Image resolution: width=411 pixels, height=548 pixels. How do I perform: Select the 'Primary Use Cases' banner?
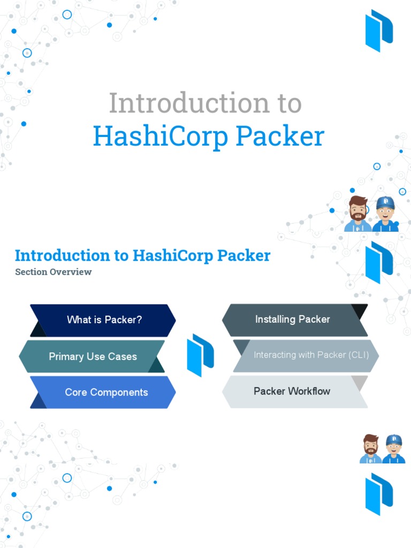click(93, 356)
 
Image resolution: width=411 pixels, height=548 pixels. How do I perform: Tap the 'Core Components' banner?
click(106, 392)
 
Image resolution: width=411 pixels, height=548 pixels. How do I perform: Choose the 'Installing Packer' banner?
click(293, 319)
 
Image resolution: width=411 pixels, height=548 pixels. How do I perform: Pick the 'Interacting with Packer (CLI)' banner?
click(310, 355)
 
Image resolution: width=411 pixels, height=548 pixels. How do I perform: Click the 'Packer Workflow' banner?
click(292, 391)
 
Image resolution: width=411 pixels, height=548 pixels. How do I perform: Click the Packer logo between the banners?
click(200, 355)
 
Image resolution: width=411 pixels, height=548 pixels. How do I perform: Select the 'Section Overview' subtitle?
click(54, 272)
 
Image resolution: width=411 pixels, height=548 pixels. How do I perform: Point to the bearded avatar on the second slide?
click(370, 448)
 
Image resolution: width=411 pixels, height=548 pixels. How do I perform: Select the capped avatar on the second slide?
click(393, 448)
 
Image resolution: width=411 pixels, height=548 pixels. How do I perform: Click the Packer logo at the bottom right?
click(379, 493)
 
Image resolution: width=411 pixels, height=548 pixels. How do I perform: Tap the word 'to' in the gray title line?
click(287, 103)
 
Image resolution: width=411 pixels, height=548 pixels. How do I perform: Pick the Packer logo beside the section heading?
click(379, 262)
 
